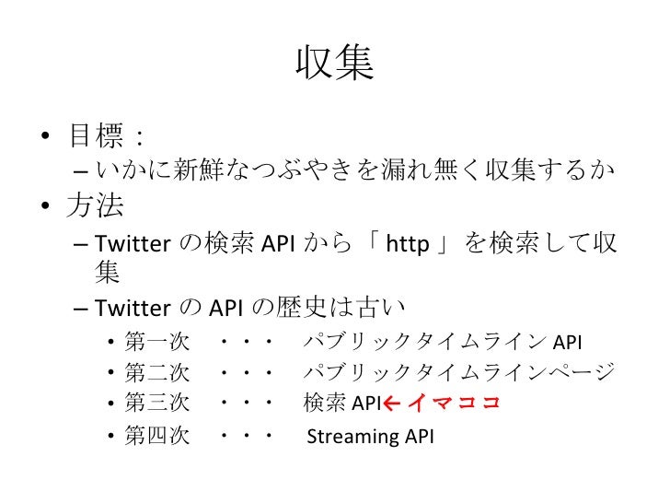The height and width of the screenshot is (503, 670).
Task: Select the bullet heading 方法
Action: pyautogui.click(x=96, y=205)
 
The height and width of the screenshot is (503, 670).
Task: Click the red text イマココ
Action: pyautogui.click(x=453, y=402)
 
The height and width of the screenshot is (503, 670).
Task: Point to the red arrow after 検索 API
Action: pyautogui.click(x=390, y=402)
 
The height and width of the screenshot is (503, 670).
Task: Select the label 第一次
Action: pyautogui.click(x=157, y=344)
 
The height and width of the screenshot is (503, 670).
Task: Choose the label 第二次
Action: pyautogui.click(x=157, y=372)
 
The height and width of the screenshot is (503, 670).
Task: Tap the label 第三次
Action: pyautogui.click(x=157, y=402)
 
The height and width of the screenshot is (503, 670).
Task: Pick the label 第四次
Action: pyautogui.click(x=157, y=436)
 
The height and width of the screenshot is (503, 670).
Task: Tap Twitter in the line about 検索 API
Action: pyautogui.click(x=130, y=243)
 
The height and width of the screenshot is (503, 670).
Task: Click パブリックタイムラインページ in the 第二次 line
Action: pyautogui.click(x=458, y=372)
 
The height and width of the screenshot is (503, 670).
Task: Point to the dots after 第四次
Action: pyautogui.click(x=246, y=436)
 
